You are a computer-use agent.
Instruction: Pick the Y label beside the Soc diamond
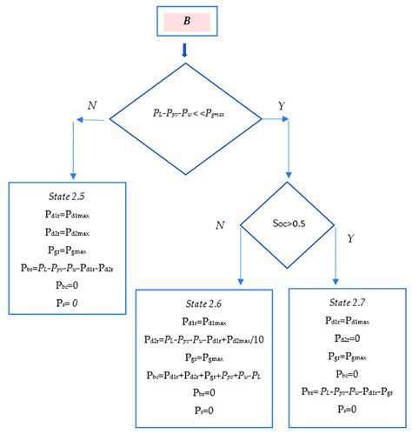(x=350, y=237)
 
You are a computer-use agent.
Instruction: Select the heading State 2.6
(x=207, y=305)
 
